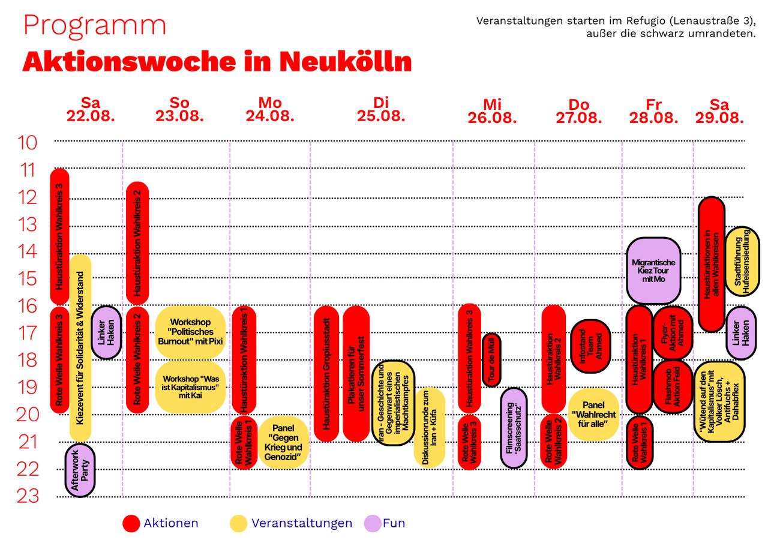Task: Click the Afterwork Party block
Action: tap(80, 470)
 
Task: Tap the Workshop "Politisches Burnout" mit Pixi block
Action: tap(190, 332)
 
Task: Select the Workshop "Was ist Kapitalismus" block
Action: tap(190, 387)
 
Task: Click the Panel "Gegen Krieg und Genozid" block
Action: tap(283, 442)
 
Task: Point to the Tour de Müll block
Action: tap(491, 359)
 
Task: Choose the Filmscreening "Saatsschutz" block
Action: tap(514, 428)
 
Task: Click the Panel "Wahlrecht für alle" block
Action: tap(593, 415)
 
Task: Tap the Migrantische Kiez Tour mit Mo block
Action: tap(653, 271)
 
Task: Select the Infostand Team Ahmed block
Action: tap(590, 346)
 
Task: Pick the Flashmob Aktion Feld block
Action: tap(673, 386)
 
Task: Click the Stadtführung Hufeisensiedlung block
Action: tap(742, 261)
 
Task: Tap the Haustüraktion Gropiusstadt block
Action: tap(326, 374)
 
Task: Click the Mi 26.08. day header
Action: tap(492, 112)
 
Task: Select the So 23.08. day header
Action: tap(179, 110)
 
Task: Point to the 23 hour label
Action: tap(28, 496)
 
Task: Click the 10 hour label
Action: tap(27, 143)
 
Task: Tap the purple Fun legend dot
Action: tap(373, 523)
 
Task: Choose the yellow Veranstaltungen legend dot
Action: tap(239, 523)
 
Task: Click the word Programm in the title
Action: tap(95, 26)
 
